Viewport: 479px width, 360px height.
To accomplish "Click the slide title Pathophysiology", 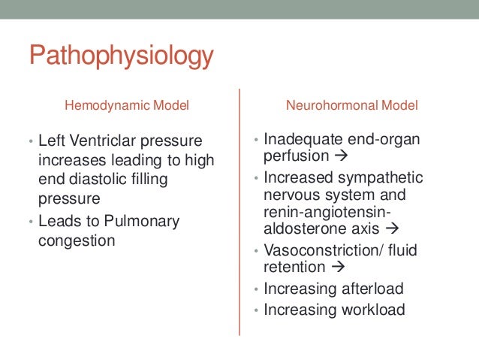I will [121, 57].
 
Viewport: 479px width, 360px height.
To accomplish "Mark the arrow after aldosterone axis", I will [392, 230].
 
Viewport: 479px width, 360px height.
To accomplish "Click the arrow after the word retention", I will [336, 267].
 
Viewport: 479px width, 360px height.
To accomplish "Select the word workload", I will [369, 309].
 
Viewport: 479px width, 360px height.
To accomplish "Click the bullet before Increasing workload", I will [256, 310].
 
